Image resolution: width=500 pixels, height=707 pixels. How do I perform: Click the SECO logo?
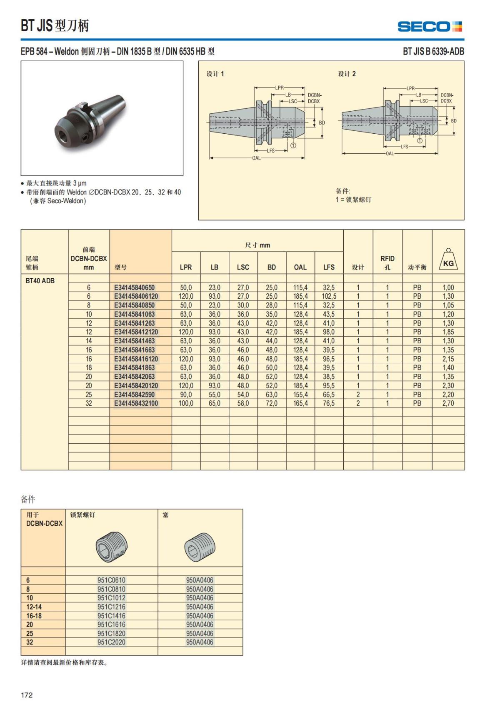coord(430,27)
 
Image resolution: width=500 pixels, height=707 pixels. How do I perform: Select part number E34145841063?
coord(134,314)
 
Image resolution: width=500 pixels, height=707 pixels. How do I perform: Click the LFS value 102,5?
coord(329,296)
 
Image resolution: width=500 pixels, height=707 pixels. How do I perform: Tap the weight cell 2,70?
coord(448,403)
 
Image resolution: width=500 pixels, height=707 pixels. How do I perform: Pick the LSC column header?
coord(243,267)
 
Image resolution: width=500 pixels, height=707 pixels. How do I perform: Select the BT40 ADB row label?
coord(40,281)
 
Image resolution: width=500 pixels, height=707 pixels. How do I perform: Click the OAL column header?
coord(300,267)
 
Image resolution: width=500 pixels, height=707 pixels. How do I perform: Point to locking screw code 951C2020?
coord(111,642)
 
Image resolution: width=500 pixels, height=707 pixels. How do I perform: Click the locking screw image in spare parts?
coord(111,546)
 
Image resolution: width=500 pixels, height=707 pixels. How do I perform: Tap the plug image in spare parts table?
coord(200,547)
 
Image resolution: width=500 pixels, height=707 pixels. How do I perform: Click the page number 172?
coord(27,695)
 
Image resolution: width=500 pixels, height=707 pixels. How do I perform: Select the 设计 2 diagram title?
coord(347,74)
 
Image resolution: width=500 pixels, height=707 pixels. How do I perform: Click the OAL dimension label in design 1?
coord(256,158)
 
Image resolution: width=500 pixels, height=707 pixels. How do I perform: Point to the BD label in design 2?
coord(454,121)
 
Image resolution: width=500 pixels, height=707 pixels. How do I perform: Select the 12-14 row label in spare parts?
coord(34,607)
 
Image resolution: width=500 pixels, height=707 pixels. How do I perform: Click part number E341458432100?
coord(136,403)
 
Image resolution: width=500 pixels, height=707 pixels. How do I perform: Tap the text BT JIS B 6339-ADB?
coord(433,52)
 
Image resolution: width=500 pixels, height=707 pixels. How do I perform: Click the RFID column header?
coord(387,262)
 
